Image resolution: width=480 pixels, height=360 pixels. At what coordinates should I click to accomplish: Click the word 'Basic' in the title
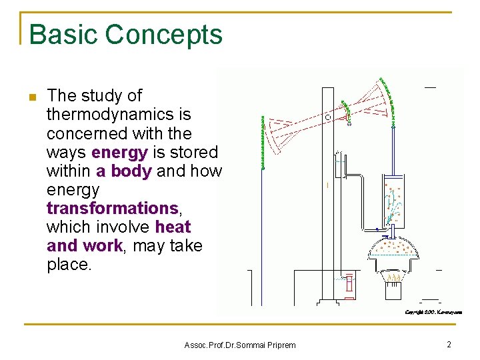tap(61, 35)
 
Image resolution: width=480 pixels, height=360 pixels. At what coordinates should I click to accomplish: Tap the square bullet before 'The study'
tap(32, 97)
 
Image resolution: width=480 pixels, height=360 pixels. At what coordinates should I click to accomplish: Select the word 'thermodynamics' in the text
tap(110, 115)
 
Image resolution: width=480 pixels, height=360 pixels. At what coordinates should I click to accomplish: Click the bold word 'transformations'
tap(111, 208)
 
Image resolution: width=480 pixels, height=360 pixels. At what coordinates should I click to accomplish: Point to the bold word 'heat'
tap(173, 227)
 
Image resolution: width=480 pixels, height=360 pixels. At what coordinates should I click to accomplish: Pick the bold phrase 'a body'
tap(124, 171)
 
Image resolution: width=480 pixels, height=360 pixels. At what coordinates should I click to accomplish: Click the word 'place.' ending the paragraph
tap(69, 264)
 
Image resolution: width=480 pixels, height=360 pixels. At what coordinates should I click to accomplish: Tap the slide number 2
tap(449, 344)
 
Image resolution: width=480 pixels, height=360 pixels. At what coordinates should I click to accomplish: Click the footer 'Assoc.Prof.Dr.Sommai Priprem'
tap(239, 345)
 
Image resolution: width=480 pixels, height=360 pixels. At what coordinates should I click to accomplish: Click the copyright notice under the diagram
tap(433, 311)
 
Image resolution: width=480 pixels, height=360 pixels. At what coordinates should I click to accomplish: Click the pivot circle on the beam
tap(328, 117)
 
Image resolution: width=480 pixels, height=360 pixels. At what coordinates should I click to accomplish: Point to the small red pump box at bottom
tap(347, 285)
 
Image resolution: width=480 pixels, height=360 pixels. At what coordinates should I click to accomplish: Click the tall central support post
tap(328, 200)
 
